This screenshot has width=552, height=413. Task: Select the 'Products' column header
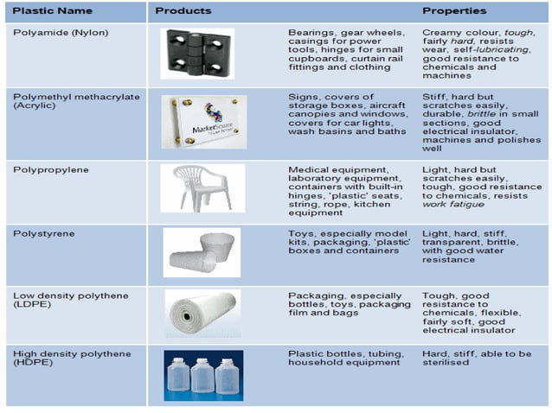pos(183,11)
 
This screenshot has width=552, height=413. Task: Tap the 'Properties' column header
pos(453,11)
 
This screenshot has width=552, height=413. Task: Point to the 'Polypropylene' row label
pos(48,170)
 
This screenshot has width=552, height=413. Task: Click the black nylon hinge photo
pos(197,54)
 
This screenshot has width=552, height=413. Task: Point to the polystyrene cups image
pos(202,252)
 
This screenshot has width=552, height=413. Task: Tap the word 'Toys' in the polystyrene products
pos(300,232)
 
